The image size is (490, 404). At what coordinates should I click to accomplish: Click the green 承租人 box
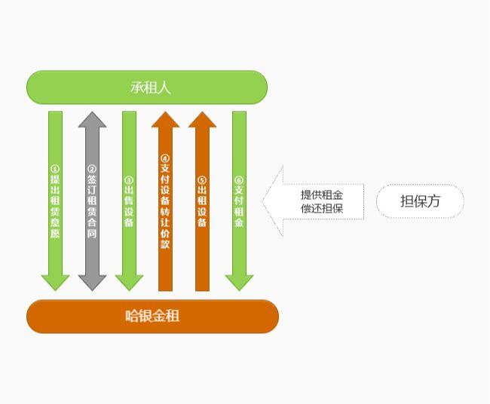coord(147,87)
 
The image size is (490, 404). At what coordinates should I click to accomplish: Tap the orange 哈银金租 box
coord(152,316)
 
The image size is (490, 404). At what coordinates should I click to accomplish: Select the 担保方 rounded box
coord(420,201)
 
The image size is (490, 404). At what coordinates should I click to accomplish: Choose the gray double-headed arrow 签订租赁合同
coord(92,202)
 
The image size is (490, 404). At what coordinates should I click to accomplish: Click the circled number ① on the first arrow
coord(55,169)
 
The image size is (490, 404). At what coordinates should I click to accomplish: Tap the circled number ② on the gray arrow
coord(92,169)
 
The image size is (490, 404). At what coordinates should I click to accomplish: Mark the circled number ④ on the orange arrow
coord(165,158)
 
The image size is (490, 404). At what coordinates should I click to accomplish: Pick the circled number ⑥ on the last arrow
coord(239,180)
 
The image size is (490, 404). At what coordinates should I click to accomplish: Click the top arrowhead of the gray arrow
coord(92,120)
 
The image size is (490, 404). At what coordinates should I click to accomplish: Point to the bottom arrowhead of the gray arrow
coord(92,282)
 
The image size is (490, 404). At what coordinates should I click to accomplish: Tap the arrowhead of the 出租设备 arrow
coord(202,120)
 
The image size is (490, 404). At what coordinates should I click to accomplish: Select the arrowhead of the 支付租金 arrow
coord(239,282)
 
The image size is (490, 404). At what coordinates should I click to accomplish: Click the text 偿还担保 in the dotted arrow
coord(322,208)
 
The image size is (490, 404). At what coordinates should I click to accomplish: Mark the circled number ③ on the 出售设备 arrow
coord(129,180)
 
